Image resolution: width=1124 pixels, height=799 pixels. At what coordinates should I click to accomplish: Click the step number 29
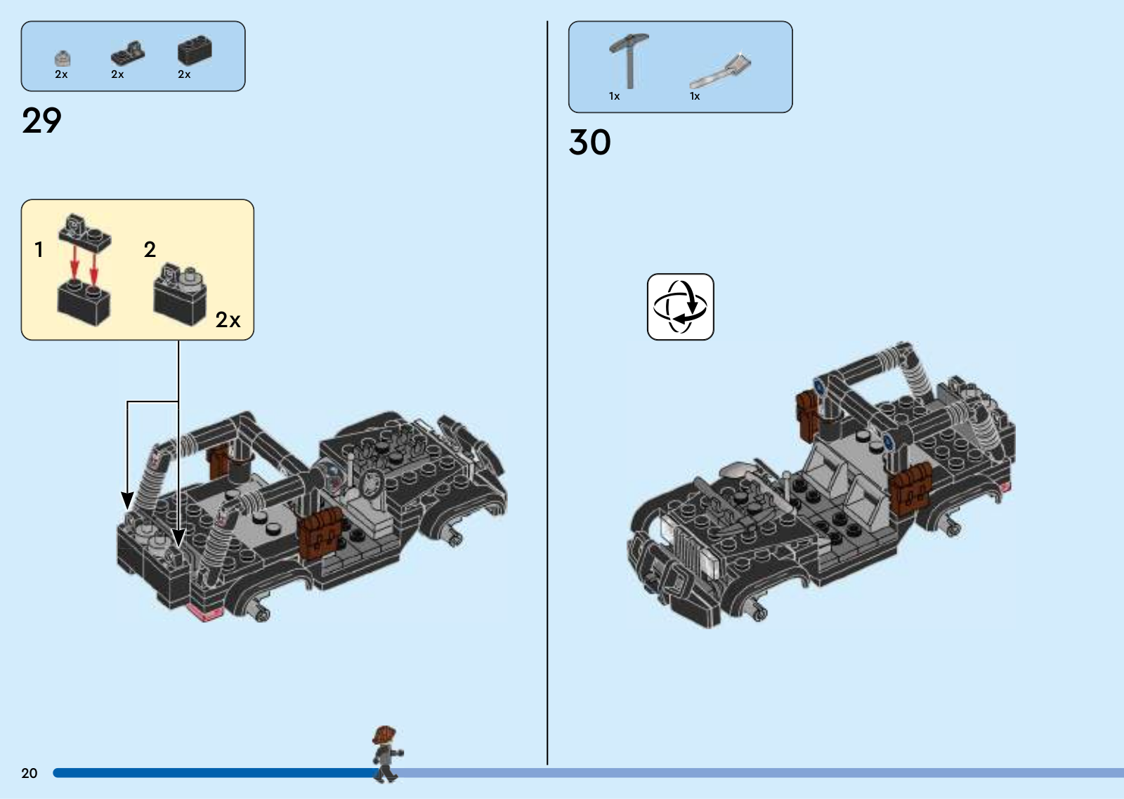[x=41, y=120]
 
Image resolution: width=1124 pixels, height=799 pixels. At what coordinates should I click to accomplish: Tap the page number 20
[x=29, y=773]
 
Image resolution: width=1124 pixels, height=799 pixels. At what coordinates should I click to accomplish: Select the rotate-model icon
[x=681, y=306]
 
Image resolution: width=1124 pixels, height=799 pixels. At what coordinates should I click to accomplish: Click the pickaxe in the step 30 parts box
[x=629, y=60]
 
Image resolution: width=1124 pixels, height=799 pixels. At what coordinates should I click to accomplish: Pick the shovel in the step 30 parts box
[x=721, y=71]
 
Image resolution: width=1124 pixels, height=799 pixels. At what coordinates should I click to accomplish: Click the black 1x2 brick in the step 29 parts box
[x=195, y=50]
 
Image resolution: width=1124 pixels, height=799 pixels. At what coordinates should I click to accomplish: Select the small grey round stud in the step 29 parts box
[x=63, y=59]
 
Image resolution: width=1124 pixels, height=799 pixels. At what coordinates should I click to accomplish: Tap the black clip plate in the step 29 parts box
[x=127, y=53]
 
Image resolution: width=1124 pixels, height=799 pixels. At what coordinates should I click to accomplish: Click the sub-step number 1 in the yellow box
[x=39, y=249]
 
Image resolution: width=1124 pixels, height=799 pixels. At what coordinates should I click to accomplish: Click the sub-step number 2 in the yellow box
[x=150, y=249]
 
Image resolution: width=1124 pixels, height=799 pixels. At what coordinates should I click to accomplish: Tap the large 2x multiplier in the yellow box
[x=228, y=319]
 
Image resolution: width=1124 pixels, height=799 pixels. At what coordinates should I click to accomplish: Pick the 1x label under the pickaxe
[x=614, y=95]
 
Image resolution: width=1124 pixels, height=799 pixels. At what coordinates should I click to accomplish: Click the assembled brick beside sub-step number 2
[x=180, y=295]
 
